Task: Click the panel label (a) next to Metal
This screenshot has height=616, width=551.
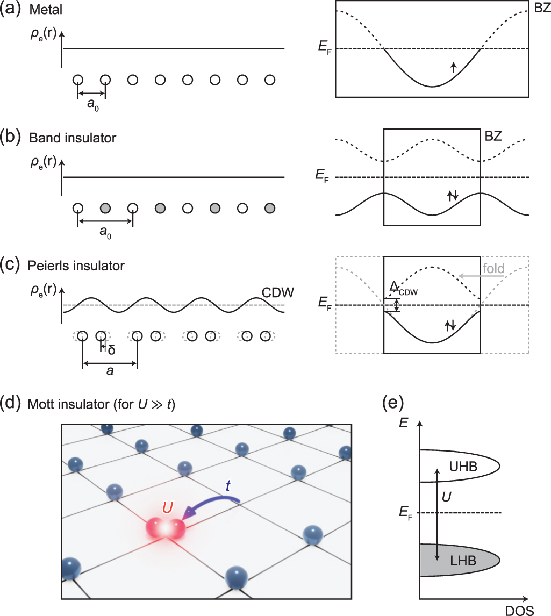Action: coord(12,11)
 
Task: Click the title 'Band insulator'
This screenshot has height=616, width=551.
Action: coord(74,138)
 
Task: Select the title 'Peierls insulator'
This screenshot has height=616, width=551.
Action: coord(78,266)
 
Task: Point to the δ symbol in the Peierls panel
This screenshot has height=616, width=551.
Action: coord(112,349)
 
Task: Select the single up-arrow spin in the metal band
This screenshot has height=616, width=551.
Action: coord(453,67)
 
